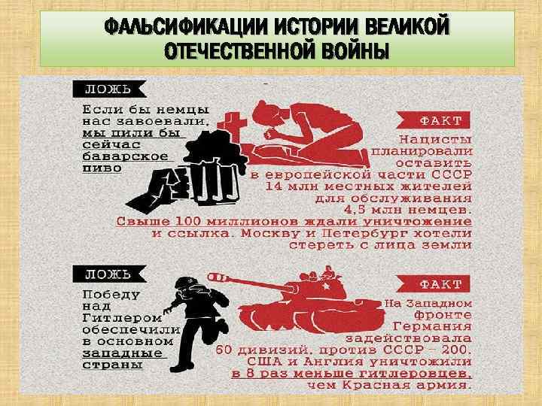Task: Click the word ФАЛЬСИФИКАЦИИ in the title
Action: click(x=187, y=26)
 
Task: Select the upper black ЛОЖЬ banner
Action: click(x=109, y=89)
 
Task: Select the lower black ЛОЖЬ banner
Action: click(x=109, y=274)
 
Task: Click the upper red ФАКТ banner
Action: click(x=434, y=120)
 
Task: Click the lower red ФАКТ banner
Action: click(x=434, y=283)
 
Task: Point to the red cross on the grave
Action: click(x=232, y=124)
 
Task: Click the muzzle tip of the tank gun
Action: click(x=211, y=277)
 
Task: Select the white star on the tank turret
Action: click(x=325, y=286)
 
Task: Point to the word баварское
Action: click(x=125, y=156)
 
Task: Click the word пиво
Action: click(x=102, y=168)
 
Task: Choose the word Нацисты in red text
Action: click(x=436, y=140)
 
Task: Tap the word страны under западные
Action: click(x=112, y=365)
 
